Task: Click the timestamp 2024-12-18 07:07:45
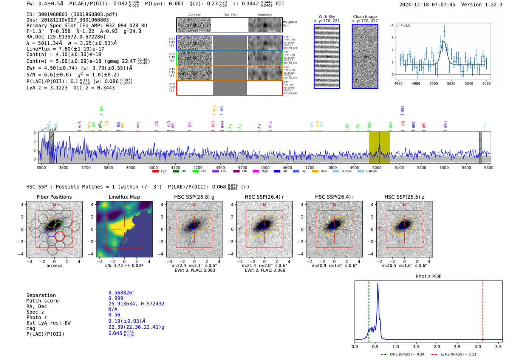point(427,5)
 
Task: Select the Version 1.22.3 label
point(487,5)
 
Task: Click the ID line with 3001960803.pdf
point(72,14)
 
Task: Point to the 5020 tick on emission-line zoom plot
point(451,83)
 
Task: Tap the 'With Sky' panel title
point(326,17)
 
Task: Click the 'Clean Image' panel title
point(365,17)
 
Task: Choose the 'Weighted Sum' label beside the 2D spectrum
point(290,24)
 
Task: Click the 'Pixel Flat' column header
point(230,15)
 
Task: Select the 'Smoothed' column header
point(264,15)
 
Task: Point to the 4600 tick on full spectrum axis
point(287,167)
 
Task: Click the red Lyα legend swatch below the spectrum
point(155,172)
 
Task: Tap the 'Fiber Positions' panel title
point(54,197)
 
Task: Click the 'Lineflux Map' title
point(124,197)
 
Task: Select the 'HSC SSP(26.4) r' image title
point(264,197)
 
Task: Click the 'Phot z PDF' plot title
point(428,276)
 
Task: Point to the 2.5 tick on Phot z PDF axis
point(457,346)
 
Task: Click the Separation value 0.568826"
point(121,293)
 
